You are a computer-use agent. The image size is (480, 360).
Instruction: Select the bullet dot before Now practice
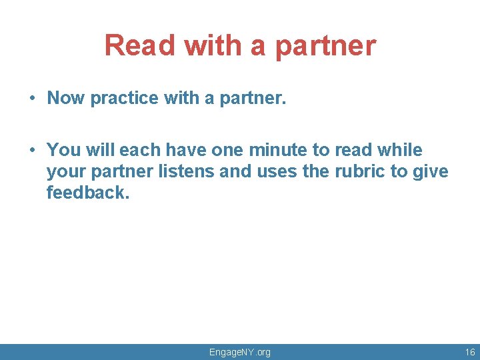click(x=32, y=99)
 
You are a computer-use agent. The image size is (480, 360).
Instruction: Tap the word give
click(x=431, y=171)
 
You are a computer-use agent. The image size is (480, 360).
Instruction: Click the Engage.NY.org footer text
click(x=240, y=352)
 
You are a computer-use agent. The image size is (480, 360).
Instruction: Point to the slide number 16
click(x=470, y=352)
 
